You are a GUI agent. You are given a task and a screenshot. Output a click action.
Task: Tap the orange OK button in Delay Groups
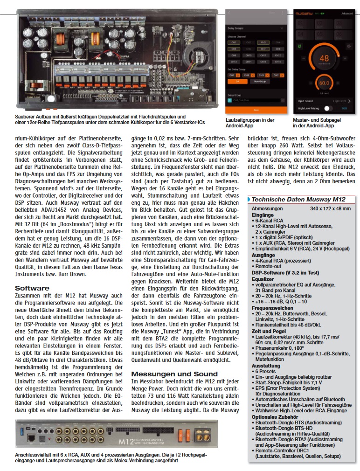[x=237, y=81]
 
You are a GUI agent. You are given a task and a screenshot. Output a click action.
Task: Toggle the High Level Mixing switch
[x=329, y=109]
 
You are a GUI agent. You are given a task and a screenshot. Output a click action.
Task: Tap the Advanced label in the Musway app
[x=346, y=14]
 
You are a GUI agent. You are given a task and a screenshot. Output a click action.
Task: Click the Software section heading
[x=32, y=288]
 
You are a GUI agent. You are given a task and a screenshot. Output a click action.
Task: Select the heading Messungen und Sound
[x=174, y=374]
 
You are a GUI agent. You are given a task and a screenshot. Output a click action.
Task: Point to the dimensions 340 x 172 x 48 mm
[x=330, y=208]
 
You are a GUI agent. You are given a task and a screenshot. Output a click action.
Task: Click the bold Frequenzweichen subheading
[x=273, y=308]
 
